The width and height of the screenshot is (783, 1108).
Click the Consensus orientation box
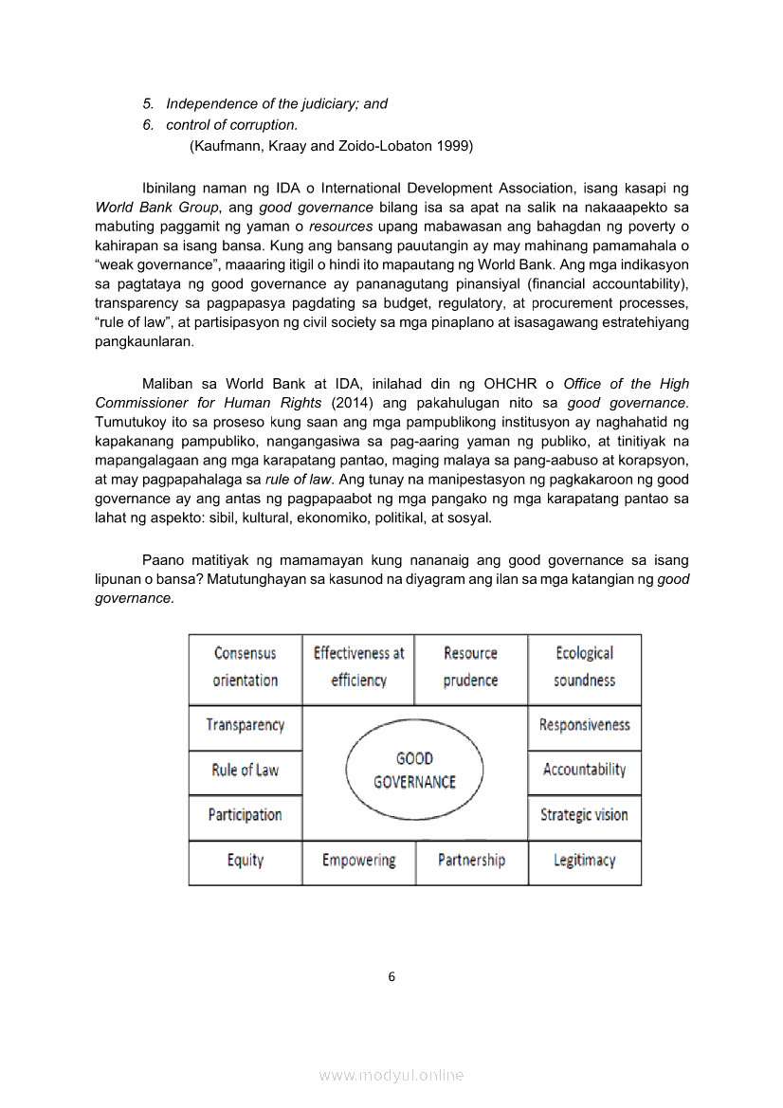[x=246, y=667]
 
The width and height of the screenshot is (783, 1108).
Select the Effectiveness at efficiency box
[x=358, y=667]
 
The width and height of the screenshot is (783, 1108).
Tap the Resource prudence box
[x=471, y=667]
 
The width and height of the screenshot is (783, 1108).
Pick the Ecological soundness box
[x=584, y=667]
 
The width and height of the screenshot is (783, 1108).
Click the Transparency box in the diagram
[x=246, y=726]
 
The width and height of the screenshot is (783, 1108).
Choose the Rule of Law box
[x=246, y=771]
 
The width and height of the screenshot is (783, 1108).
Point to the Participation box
[x=246, y=815]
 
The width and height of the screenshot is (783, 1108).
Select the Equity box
[x=246, y=861]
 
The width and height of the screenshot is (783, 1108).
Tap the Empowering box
[x=358, y=861]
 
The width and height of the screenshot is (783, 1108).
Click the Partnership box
[x=471, y=861]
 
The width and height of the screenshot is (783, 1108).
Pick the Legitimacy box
[x=584, y=861]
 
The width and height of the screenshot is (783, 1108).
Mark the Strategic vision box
[x=584, y=815]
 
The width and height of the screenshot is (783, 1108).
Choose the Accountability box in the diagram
[x=584, y=771]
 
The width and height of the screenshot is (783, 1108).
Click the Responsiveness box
[x=584, y=726]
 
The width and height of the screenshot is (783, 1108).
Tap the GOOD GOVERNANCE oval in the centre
[x=414, y=771]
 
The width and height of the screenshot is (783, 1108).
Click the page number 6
[x=391, y=977]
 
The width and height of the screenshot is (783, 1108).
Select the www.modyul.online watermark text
[x=391, y=1075]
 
